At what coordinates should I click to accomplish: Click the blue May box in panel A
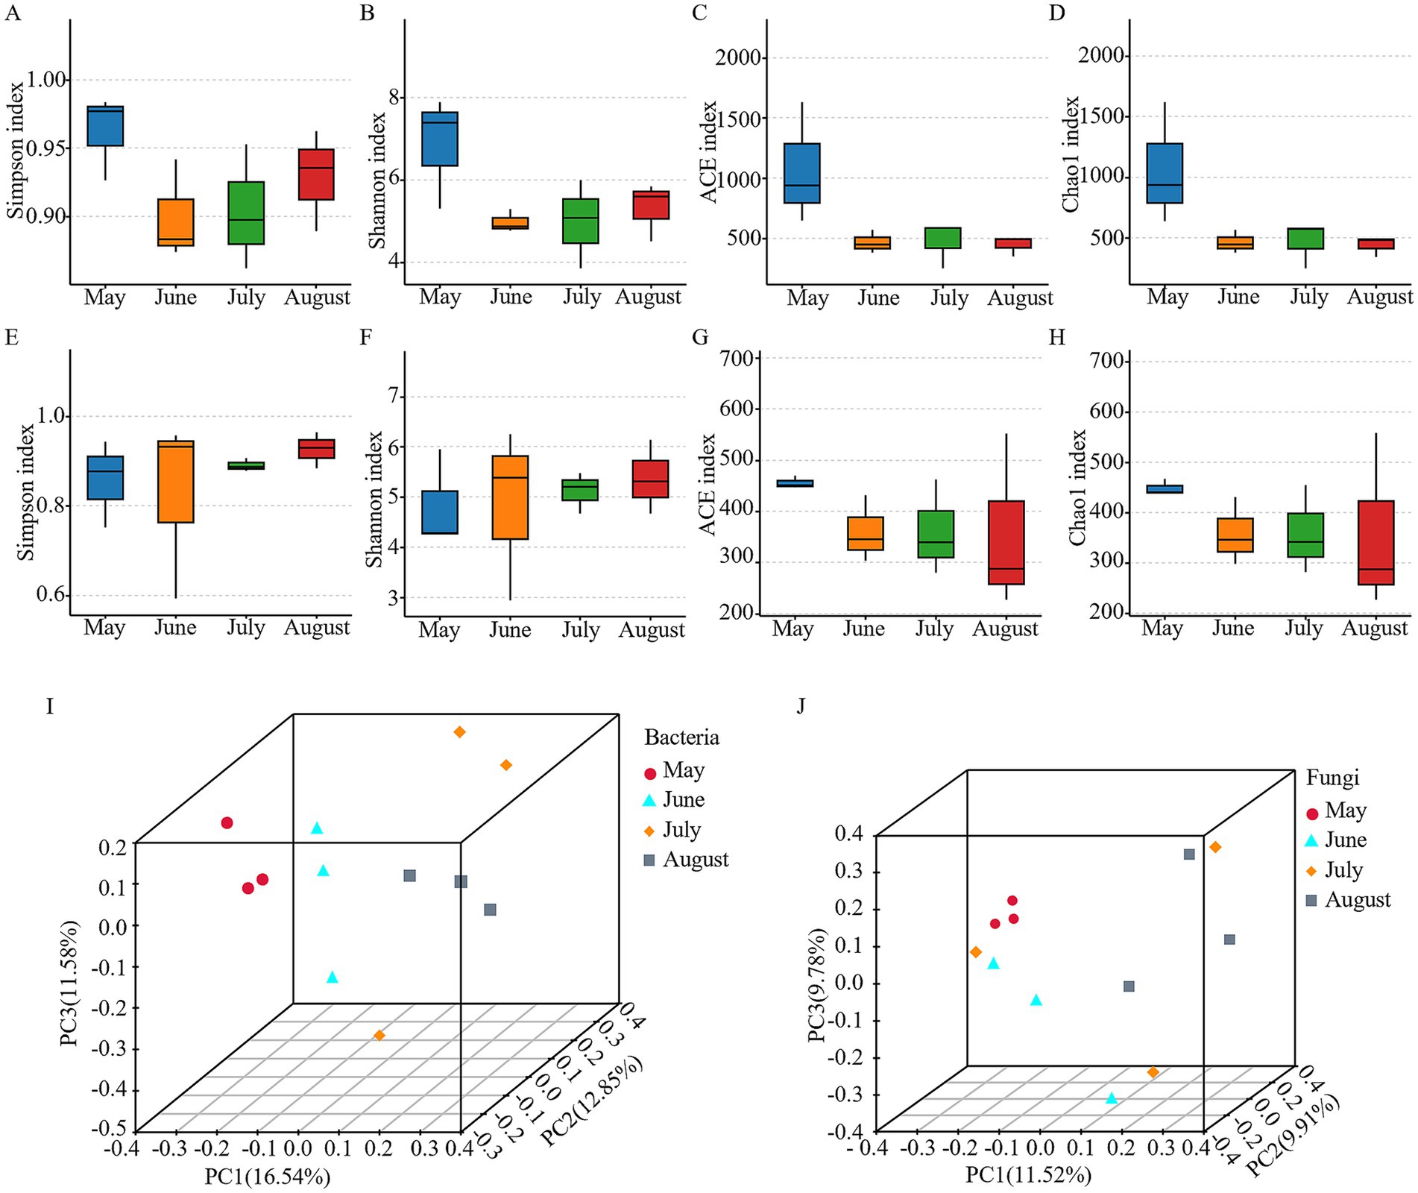(x=105, y=126)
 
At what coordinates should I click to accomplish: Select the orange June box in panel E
(x=175, y=482)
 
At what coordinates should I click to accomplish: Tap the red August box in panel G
(x=1006, y=542)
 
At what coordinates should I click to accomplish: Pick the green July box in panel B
(x=581, y=221)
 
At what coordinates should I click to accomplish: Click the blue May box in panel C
(x=801, y=173)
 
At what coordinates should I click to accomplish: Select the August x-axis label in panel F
(x=651, y=630)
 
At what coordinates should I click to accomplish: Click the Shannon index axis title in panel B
(x=377, y=180)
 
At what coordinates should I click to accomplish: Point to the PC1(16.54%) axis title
(x=268, y=1177)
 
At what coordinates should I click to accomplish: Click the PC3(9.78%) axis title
(x=817, y=986)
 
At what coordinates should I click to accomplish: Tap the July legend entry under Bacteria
(x=681, y=830)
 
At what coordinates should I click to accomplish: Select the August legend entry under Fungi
(x=1357, y=900)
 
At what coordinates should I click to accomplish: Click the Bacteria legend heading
(x=681, y=737)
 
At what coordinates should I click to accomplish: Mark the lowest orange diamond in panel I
(x=379, y=1035)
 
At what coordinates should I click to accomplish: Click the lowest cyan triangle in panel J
(x=1112, y=1098)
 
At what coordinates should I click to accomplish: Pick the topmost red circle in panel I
(x=227, y=823)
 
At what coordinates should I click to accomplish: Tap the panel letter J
(x=801, y=705)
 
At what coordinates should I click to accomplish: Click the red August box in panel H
(x=1376, y=542)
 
